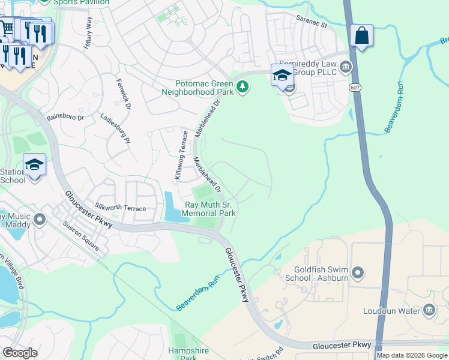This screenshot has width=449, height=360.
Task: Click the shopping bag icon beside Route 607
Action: [x=361, y=36]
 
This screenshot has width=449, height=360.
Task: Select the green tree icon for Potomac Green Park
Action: [x=243, y=88]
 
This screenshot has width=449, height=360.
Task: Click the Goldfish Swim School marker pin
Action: [x=358, y=274]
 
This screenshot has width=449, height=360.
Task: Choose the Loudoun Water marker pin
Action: [x=429, y=310]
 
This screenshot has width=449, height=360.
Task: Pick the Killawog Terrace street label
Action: [x=178, y=158]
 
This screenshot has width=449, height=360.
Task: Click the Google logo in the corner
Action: [x=20, y=353]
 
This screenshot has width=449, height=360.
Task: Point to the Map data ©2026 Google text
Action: [x=411, y=355]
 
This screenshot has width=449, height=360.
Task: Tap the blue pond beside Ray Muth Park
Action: [x=173, y=207]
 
